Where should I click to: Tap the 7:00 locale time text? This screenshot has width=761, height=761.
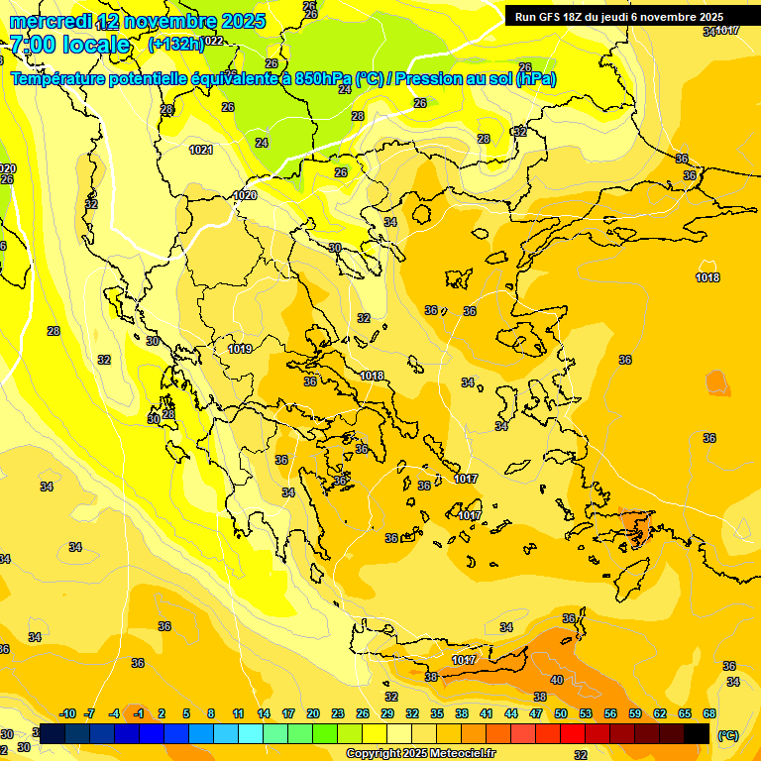pos(69,45)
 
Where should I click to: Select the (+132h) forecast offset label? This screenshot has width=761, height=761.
pos(175,44)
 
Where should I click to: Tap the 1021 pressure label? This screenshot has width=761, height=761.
pos(201,150)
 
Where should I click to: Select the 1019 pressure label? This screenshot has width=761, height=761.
pos(240,349)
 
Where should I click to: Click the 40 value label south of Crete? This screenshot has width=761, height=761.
pos(557,680)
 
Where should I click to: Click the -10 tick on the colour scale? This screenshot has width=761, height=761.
pos(67,713)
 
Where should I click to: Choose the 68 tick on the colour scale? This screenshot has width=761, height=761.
pos(709,713)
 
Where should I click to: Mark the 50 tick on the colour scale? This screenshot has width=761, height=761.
pos(561,713)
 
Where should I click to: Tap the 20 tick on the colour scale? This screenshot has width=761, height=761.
pos(313,713)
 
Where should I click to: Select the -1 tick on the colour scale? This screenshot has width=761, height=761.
pos(140,713)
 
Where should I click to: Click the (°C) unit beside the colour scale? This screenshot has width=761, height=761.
pos(728,734)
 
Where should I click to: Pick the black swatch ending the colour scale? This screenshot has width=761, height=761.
pos(697,733)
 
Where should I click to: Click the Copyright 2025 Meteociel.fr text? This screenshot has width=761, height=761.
pos(420,753)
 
